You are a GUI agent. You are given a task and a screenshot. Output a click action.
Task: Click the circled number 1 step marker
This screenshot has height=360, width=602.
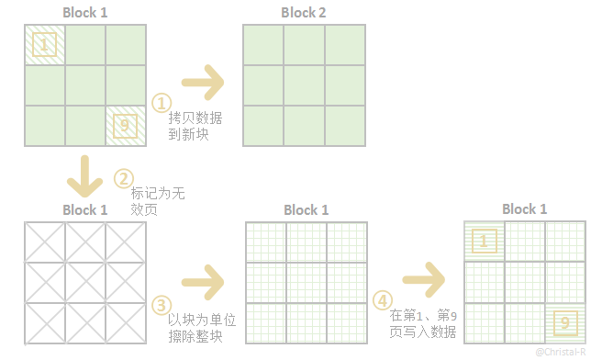click(x=161, y=102)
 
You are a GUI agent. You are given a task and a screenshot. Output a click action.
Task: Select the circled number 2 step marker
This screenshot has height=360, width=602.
click(x=122, y=176)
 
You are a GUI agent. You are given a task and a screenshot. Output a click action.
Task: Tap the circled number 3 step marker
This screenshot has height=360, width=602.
click(x=161, y=304)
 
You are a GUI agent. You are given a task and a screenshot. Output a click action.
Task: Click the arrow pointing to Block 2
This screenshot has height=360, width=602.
click(x=204, y=83)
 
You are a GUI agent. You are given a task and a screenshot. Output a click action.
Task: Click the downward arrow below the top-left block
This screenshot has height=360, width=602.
click(x=85, y=174)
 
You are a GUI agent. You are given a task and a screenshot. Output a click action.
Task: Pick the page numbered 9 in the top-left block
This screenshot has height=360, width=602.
click(x=127, y=125)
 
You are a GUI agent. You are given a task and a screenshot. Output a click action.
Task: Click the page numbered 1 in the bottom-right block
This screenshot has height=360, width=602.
click(x=485, y=242)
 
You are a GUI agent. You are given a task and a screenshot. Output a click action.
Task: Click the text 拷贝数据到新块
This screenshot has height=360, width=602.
click(x=195, y=127)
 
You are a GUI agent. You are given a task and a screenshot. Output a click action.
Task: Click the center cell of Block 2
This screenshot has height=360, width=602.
click(x=303, y=85)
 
